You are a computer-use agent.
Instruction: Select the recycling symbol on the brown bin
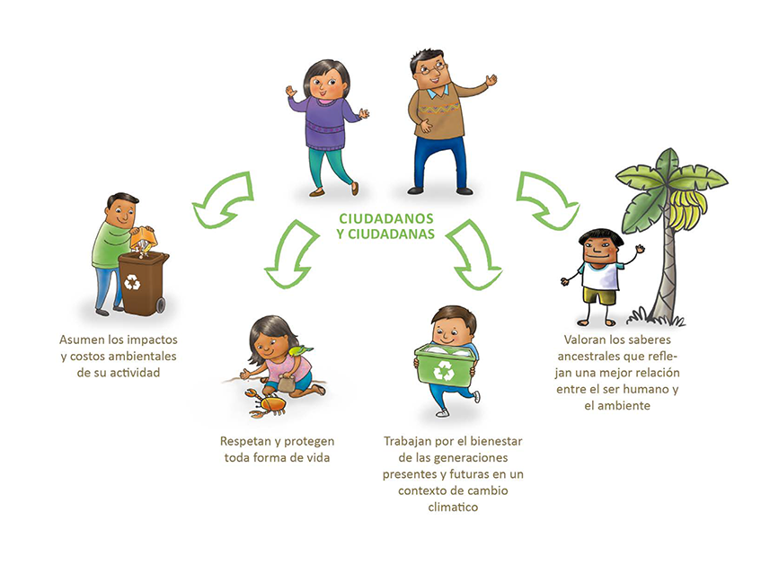(132, 282)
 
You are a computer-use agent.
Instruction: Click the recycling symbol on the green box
(444, 371)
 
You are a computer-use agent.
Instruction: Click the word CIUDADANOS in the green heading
(386, 218)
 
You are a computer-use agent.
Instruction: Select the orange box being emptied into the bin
(143, 238)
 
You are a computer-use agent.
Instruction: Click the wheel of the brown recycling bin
(161, 305)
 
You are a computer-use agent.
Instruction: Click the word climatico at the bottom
(453, 508)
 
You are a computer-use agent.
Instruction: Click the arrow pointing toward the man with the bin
(223, 199)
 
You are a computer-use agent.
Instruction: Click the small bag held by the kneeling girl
(286, 384)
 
